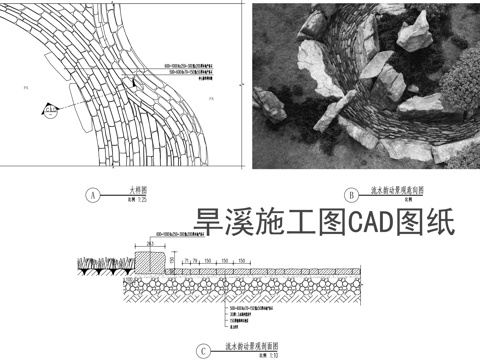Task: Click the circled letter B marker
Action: coord(351,195)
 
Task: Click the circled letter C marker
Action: coord(204,351)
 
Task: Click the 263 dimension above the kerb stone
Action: coord(149,243)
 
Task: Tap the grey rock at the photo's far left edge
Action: coord(264,101)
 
